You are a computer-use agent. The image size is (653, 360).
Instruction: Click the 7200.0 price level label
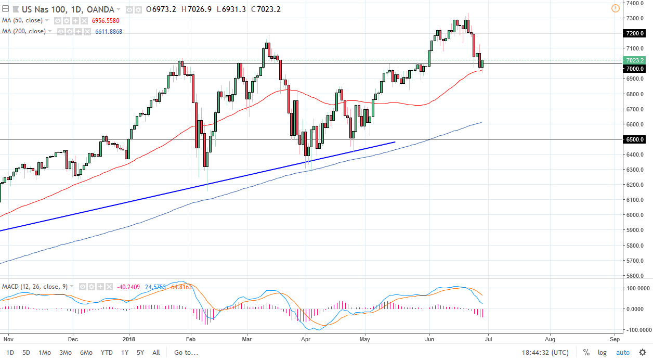click(x=634, y=33)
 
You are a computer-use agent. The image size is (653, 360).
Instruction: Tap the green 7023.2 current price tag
click(x=634, y=60)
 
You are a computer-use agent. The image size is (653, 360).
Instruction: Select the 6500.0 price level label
click(x=634, y=139)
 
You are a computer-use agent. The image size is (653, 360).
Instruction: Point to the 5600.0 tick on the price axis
click(x=634, y=276)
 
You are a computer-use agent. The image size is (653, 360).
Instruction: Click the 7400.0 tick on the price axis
click(x=634, y=3)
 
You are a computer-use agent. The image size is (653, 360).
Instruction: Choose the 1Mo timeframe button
click(x=45, y=352)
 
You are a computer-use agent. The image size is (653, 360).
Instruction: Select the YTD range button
click(x=107, y=352)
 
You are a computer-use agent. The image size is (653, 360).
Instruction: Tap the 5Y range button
click(x=140, y=352)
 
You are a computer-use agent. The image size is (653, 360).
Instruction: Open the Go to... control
click(x=186, y=352)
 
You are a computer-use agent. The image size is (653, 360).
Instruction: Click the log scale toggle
click(x=602, y=352)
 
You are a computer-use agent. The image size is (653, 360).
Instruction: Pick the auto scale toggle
click(x=623, y=352)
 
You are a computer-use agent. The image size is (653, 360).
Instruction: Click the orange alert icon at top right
click(x=616, y=8)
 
